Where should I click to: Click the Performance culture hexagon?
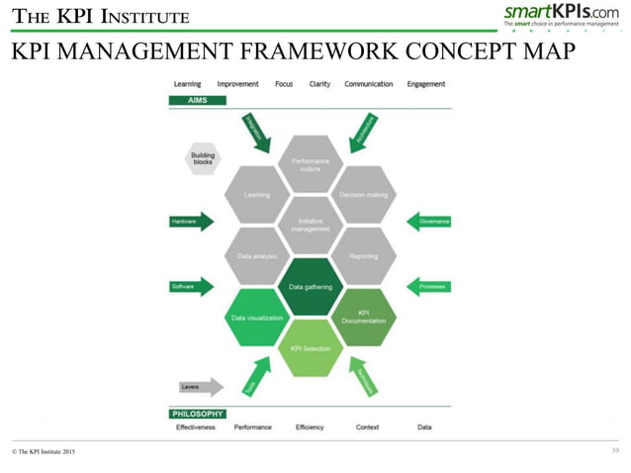click(311, 163)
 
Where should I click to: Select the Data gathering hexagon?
click(311, 287)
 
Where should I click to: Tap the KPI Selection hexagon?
click(311, 348)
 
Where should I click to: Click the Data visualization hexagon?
click(257, 318)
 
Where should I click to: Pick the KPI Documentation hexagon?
click(364, 317)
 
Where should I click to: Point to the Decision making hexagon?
click(364, 195)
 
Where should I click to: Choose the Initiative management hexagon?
click(311, 226)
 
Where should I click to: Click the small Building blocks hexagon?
click(203, 159)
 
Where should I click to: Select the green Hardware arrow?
click(191, 222)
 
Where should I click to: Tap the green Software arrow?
click(191, 287)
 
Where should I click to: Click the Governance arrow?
click(429, 222)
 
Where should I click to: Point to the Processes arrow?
click(429, 287)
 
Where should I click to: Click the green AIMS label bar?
click(198, 101)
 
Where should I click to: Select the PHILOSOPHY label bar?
click(198, 414)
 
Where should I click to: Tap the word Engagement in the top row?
click(426, 84)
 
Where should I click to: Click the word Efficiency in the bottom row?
click(310, 427)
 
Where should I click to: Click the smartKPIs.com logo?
click(561, 14)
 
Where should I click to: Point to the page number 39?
click(615, 451)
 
